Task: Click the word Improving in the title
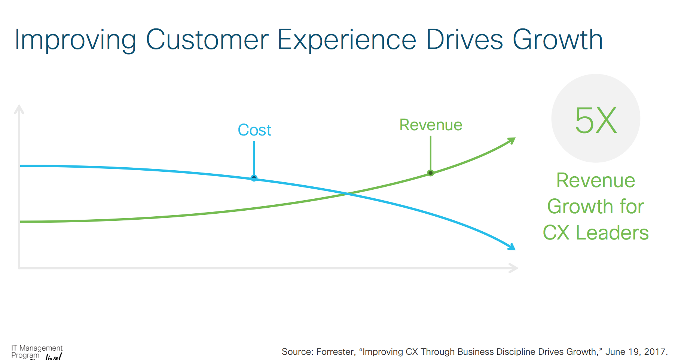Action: tap(75, 40)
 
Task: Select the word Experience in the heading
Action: tap(346, 40)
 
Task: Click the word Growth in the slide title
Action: tap(558, 40)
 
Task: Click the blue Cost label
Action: tap(254, 130)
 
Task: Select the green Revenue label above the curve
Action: tap(431, 125)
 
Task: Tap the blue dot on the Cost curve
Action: tap(254, 178)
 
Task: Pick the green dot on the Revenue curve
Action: tap(431, 173)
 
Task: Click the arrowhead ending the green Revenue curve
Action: tap(512, 141)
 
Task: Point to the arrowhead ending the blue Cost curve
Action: tap(511, 247)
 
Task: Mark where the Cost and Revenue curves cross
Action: tap(348, 193)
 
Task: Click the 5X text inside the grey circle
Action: tap(596, 120)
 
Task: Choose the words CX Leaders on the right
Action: tap(595, 232)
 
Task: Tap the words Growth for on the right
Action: tap(595, 207)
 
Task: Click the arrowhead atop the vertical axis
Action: tap(19, 109)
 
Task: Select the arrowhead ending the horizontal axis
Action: tap(514, 268)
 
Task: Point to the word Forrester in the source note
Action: tap(335, 352)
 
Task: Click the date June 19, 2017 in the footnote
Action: tap(636, 352)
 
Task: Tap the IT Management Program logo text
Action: tap(37, 351)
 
